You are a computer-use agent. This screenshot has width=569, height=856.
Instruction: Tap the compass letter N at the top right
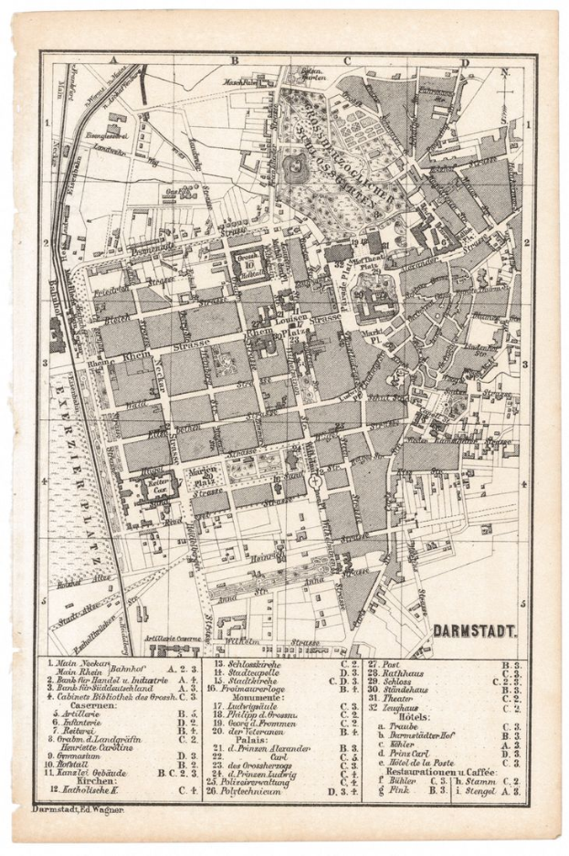(504, 71)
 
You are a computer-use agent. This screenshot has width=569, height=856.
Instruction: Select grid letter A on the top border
(115, 61)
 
